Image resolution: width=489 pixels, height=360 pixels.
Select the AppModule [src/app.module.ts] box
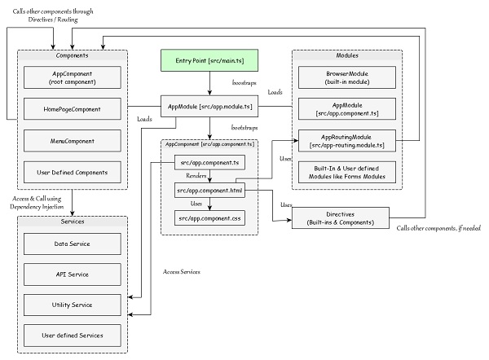click(209, 107)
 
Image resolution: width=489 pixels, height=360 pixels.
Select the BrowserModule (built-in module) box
click(348, 77)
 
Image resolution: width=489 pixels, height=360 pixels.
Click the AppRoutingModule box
click(348, 139)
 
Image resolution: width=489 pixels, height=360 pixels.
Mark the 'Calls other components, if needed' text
click(441, 227)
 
